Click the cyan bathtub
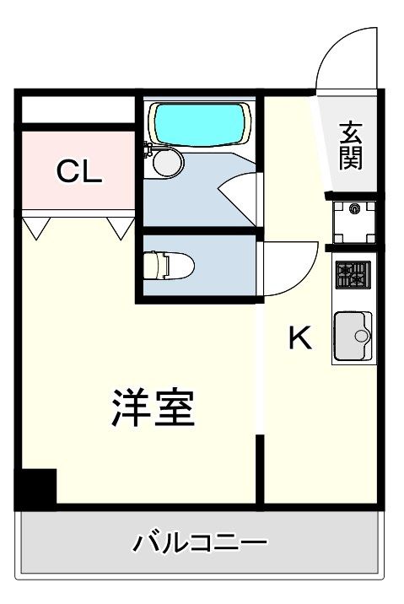point(199,124)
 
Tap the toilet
point(169,265)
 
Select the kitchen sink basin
point(353,336)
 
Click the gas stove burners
point(353,275)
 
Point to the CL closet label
point(79,171)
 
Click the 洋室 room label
point(153,407)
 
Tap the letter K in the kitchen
point(300,337)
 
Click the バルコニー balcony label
point(200,542)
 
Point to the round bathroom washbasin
point(168,162)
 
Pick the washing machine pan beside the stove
point(354,222)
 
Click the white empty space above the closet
point(78,110)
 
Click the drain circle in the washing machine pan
point(354,208)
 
